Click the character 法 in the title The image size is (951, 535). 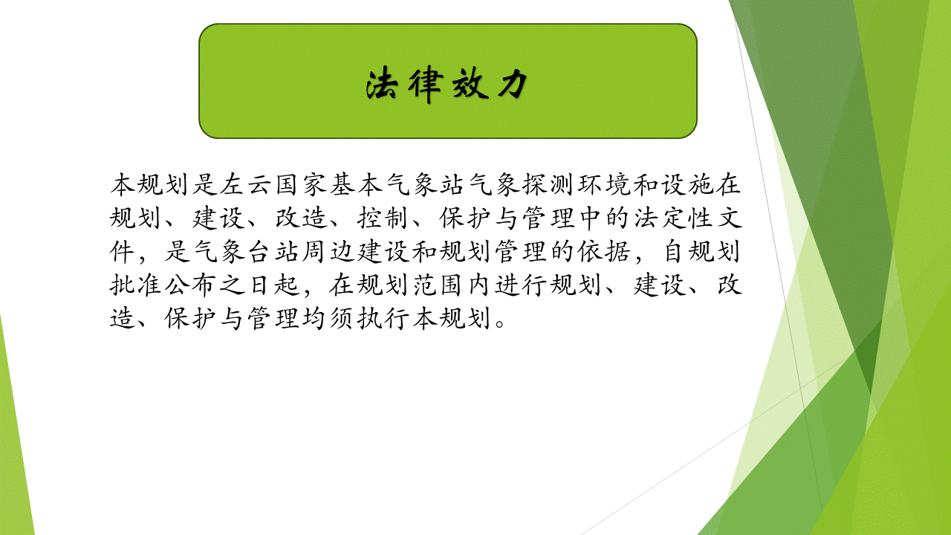coord(382,84)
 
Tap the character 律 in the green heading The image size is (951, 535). coord(426,85)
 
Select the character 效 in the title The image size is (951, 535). coord(469,84)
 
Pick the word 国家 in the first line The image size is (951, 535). coord(301,184)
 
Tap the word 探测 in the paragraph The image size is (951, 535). coord(548,184)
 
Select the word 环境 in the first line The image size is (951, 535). coord(604,184)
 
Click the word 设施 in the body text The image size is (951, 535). coord(686,184)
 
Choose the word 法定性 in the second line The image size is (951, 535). coord(673,218)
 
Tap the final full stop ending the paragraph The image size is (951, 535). coord(500,323)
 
